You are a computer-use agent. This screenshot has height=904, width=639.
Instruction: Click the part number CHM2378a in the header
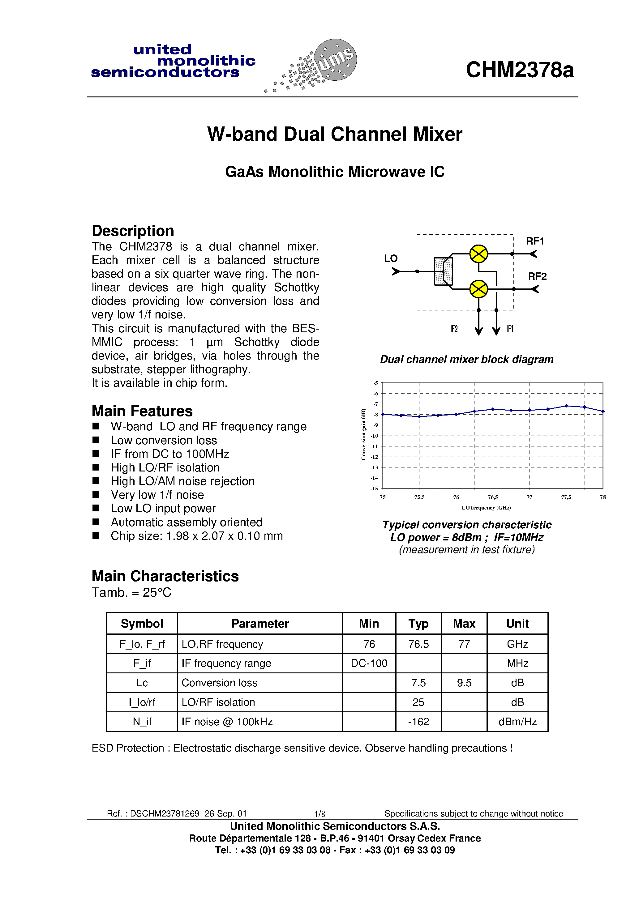[519, 70]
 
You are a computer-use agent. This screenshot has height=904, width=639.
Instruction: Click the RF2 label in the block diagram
[537, 276]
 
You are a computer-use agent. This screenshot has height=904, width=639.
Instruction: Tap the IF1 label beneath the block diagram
[510, 329]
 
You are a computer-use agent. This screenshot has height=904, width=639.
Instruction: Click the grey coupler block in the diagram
[443, 271]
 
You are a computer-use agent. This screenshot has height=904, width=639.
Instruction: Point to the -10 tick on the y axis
[374, 436]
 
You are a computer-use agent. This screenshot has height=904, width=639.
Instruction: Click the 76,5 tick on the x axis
[492, 497]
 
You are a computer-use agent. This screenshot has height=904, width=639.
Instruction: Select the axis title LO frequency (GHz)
[486, 508]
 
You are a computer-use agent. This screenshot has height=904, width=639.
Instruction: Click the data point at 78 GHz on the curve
[603, 411]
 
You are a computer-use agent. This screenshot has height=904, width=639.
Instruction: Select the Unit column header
[517, 624]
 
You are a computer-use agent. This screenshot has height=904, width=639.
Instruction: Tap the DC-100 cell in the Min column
[369, 663]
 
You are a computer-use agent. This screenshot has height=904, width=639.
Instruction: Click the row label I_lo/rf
[142, 702]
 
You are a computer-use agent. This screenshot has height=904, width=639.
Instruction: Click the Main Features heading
[142, 411]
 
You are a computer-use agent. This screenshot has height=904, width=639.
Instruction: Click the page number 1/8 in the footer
[319, 813]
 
